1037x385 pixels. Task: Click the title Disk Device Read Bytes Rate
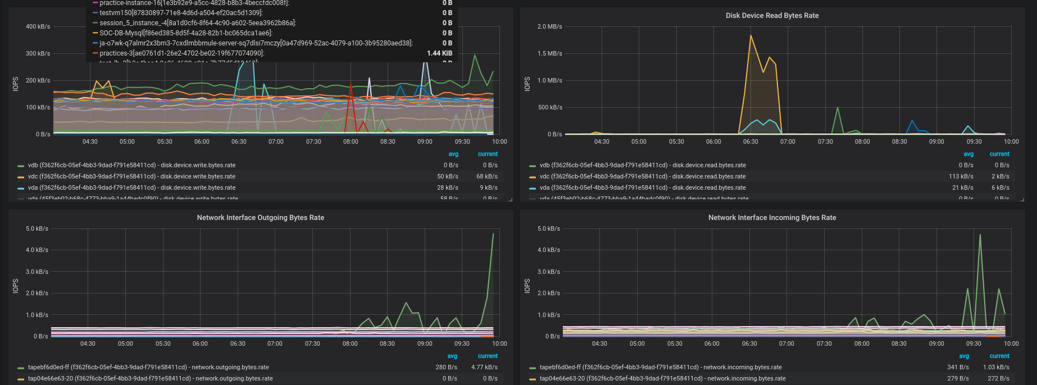(x=772, y=16)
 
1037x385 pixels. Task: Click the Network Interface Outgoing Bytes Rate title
(x=260, y=218)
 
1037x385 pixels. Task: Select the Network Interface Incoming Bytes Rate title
(x=772, y=218)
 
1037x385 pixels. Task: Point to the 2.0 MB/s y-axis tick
(x=549, y=27)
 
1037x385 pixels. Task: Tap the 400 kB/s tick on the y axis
(x=38, y=27)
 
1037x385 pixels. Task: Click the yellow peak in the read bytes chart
(x=751, y=36)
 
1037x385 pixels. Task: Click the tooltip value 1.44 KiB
(x=439, y=53)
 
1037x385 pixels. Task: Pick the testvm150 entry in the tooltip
(x=181, y=13)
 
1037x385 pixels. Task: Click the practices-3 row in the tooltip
(x=181, y=53)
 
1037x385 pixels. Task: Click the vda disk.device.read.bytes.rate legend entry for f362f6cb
(x=643, y=188)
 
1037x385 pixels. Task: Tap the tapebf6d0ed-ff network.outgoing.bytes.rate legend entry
(x=148, y=368)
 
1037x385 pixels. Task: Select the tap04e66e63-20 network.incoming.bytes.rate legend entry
(x=662, y=379)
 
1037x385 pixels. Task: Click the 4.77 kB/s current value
(x=484, y=368)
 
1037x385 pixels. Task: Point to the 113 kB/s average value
(x=961, y=177)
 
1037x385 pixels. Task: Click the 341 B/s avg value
(x=958, y=368)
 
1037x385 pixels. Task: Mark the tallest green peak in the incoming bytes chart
(x=980, y=235)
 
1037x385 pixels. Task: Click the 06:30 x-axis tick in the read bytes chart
(x=751, y=142)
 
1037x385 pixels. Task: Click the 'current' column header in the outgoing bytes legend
(x=488, y=356)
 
